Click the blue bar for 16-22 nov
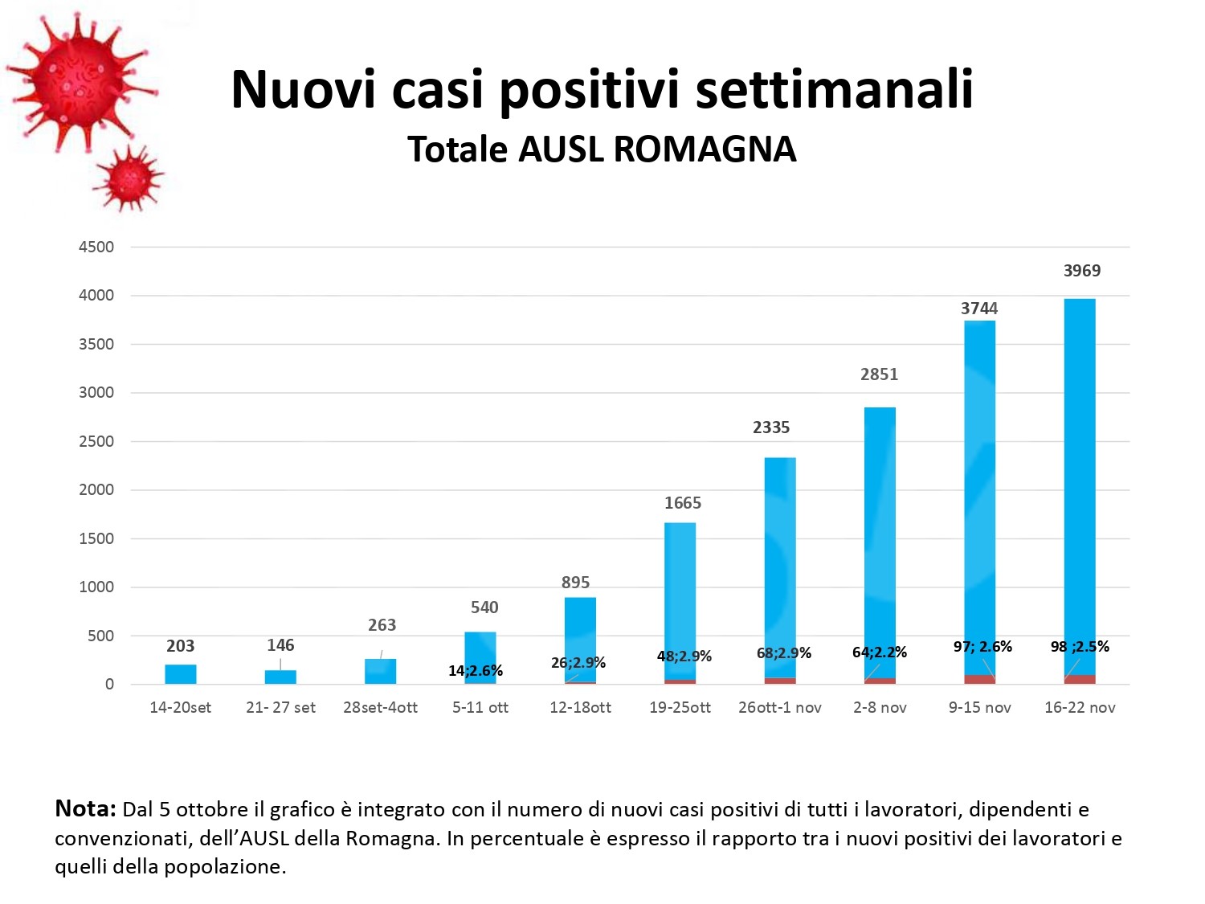point(1080,482)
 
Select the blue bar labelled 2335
point(780,562)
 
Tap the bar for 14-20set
point(181,674)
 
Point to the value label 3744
point(979,309)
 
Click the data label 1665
point(683,503)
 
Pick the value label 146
point(280,645)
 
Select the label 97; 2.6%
point(982,647)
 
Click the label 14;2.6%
point(476,671)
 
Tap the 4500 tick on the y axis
point(96,247)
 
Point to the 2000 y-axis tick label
point(96,489)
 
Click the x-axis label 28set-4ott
point(381,708)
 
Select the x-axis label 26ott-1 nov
point(780,708)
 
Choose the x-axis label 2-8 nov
point(880,708)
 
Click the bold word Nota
point(85,809)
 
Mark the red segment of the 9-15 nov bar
point(979,679)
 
